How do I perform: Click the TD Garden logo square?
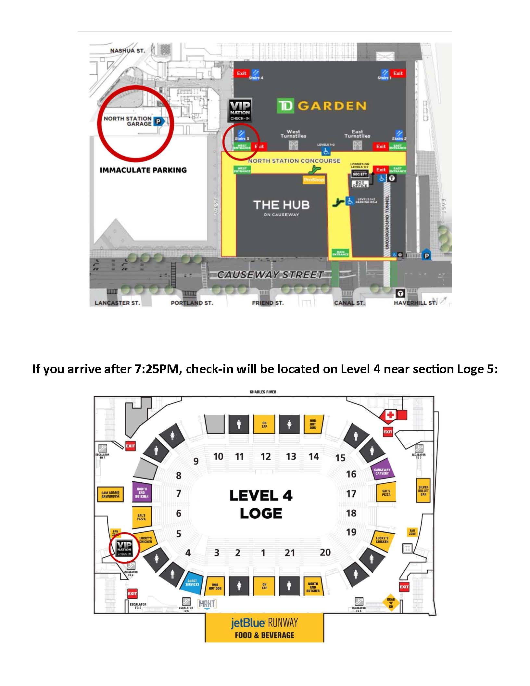285,106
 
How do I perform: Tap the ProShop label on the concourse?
313,180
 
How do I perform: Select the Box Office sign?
360,184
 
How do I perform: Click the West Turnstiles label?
293,134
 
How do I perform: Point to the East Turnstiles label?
358,134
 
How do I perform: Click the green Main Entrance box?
340,253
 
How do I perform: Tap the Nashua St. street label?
127,51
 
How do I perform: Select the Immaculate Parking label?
143,170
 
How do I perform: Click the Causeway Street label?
270,275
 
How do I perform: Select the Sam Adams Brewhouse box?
110,494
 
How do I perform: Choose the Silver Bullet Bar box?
423,490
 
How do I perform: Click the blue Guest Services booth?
192,583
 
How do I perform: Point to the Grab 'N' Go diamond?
391,603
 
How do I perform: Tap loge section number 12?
265,457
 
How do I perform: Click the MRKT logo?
207,604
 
